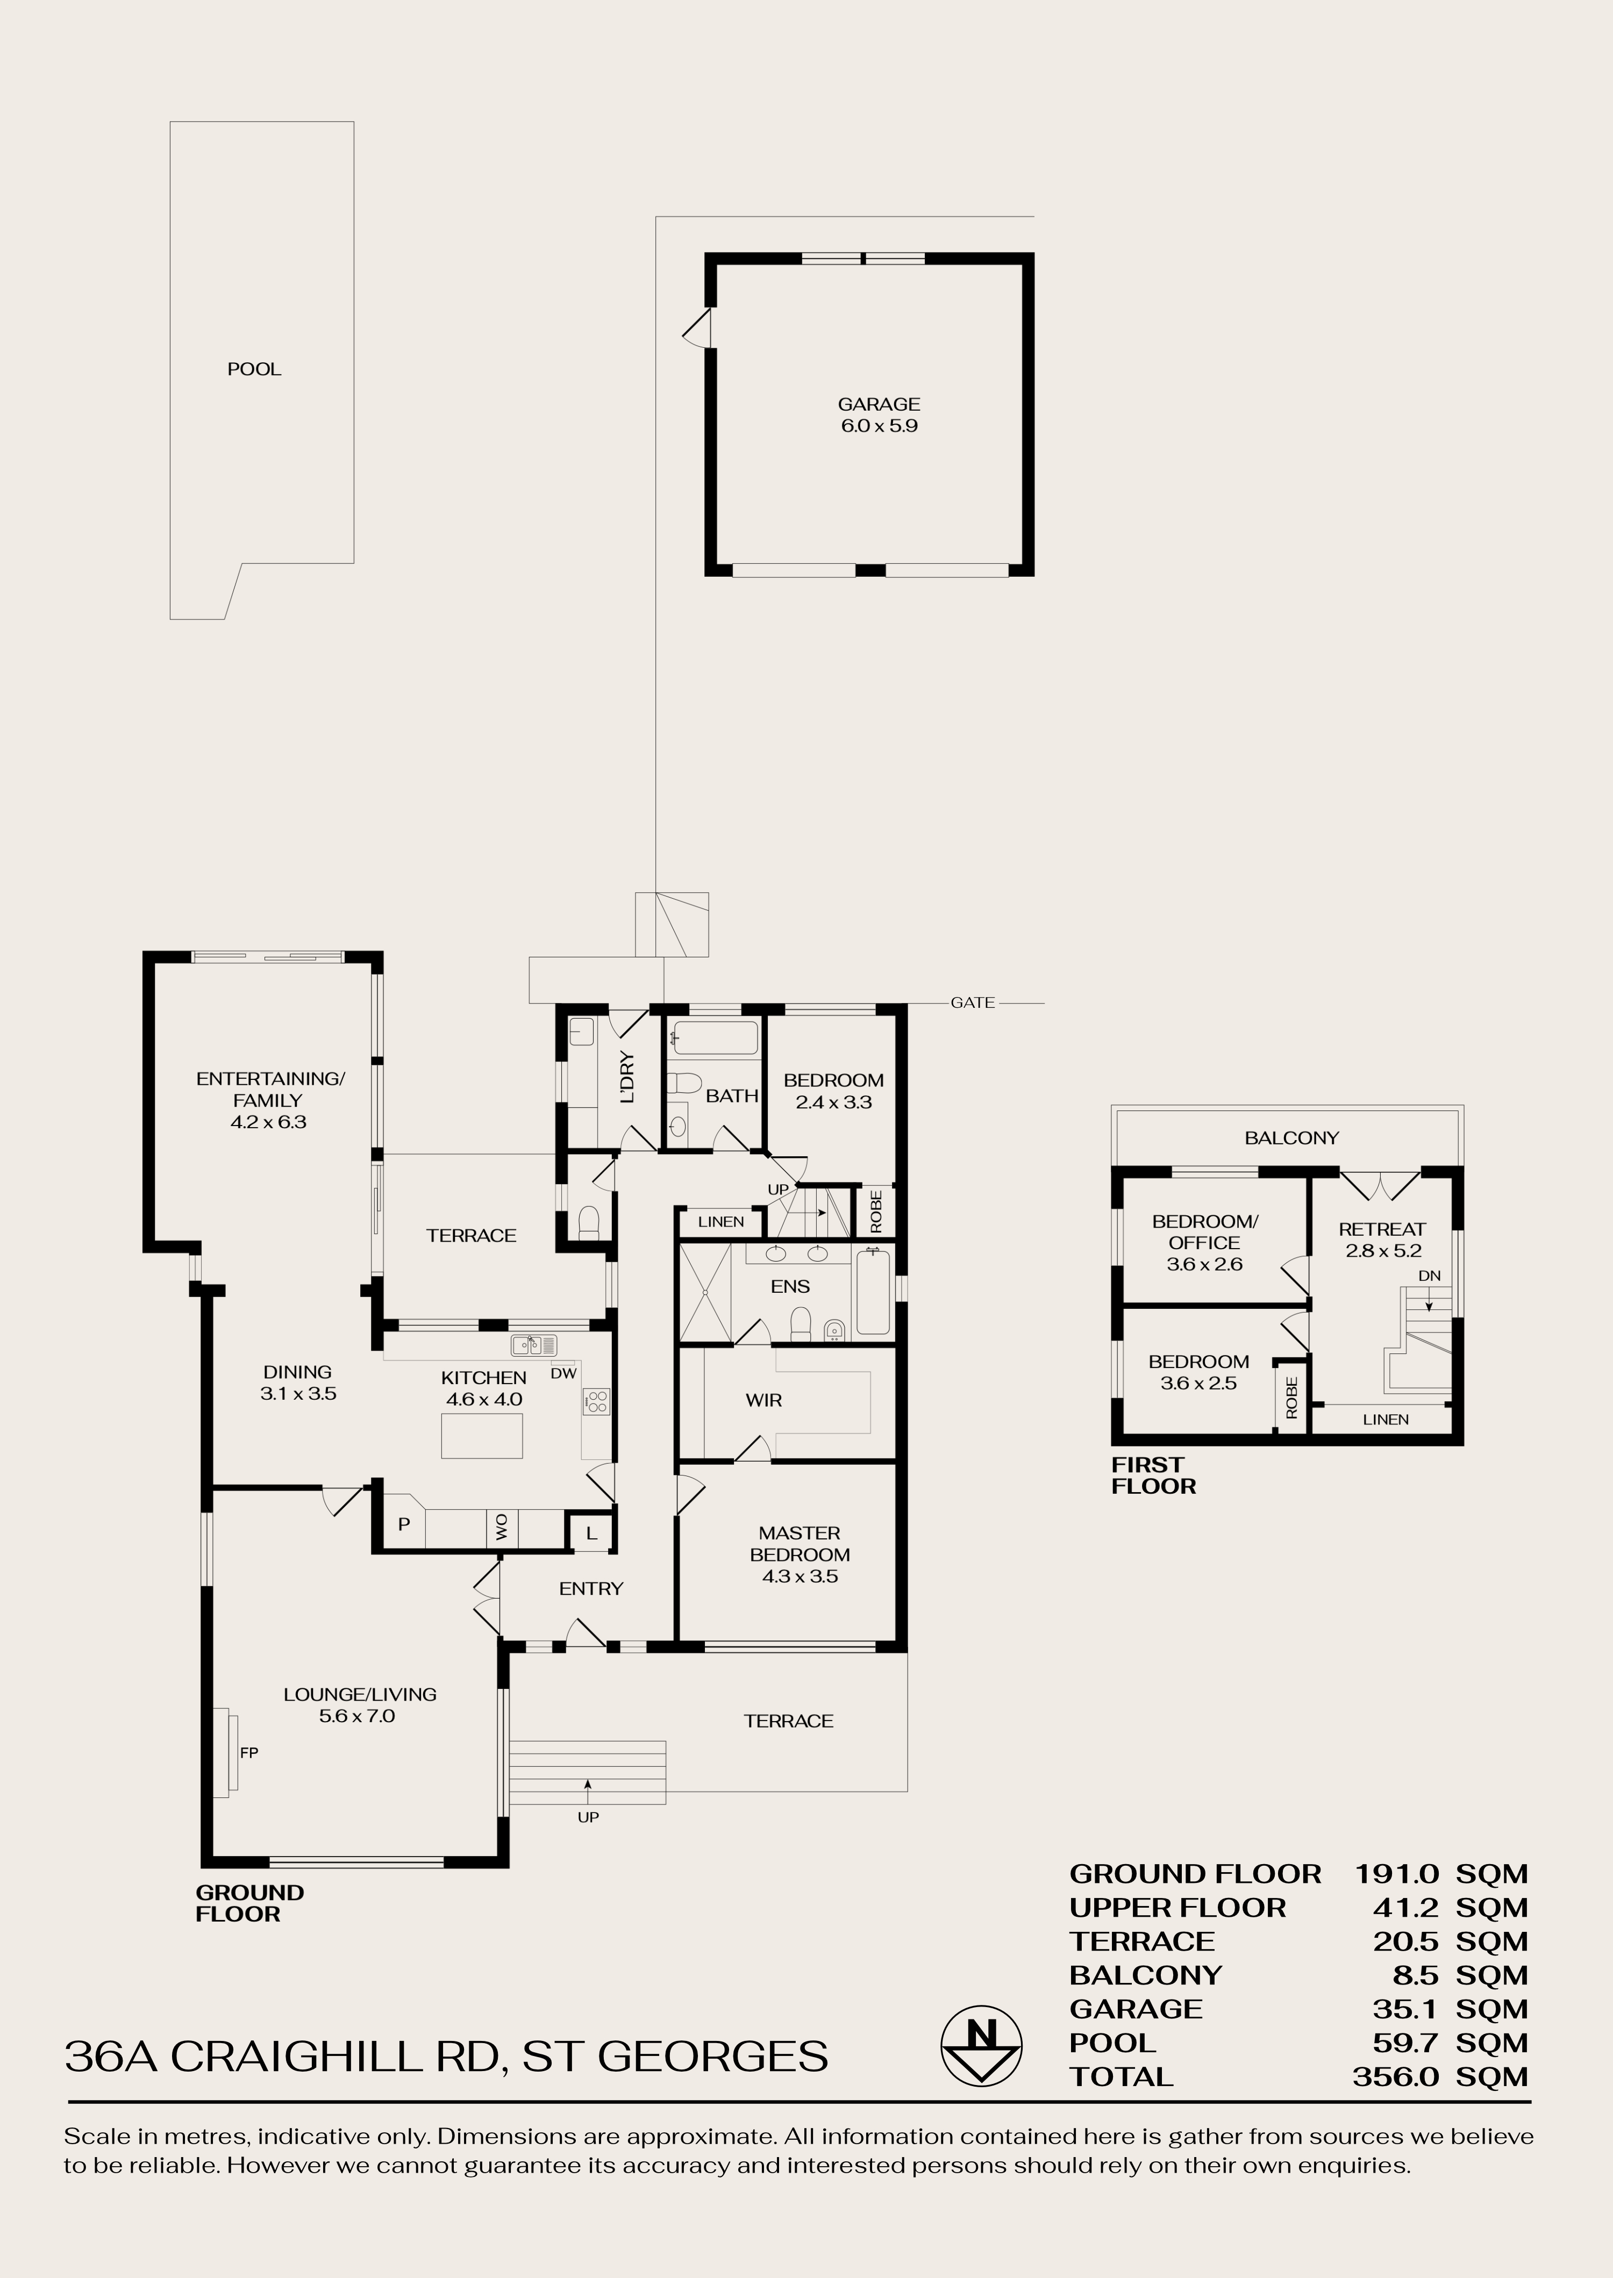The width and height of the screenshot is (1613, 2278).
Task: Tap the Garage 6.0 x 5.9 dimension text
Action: (x=878, y=426)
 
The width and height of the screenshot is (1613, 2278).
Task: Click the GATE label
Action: (x=972, y=1003)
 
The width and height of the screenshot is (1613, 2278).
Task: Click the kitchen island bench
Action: (x=482, y=1436)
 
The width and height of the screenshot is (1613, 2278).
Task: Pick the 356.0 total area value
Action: (x=1395, y=2076)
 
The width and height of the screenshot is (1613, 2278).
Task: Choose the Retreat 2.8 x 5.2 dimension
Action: (x=1382, y=1251)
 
